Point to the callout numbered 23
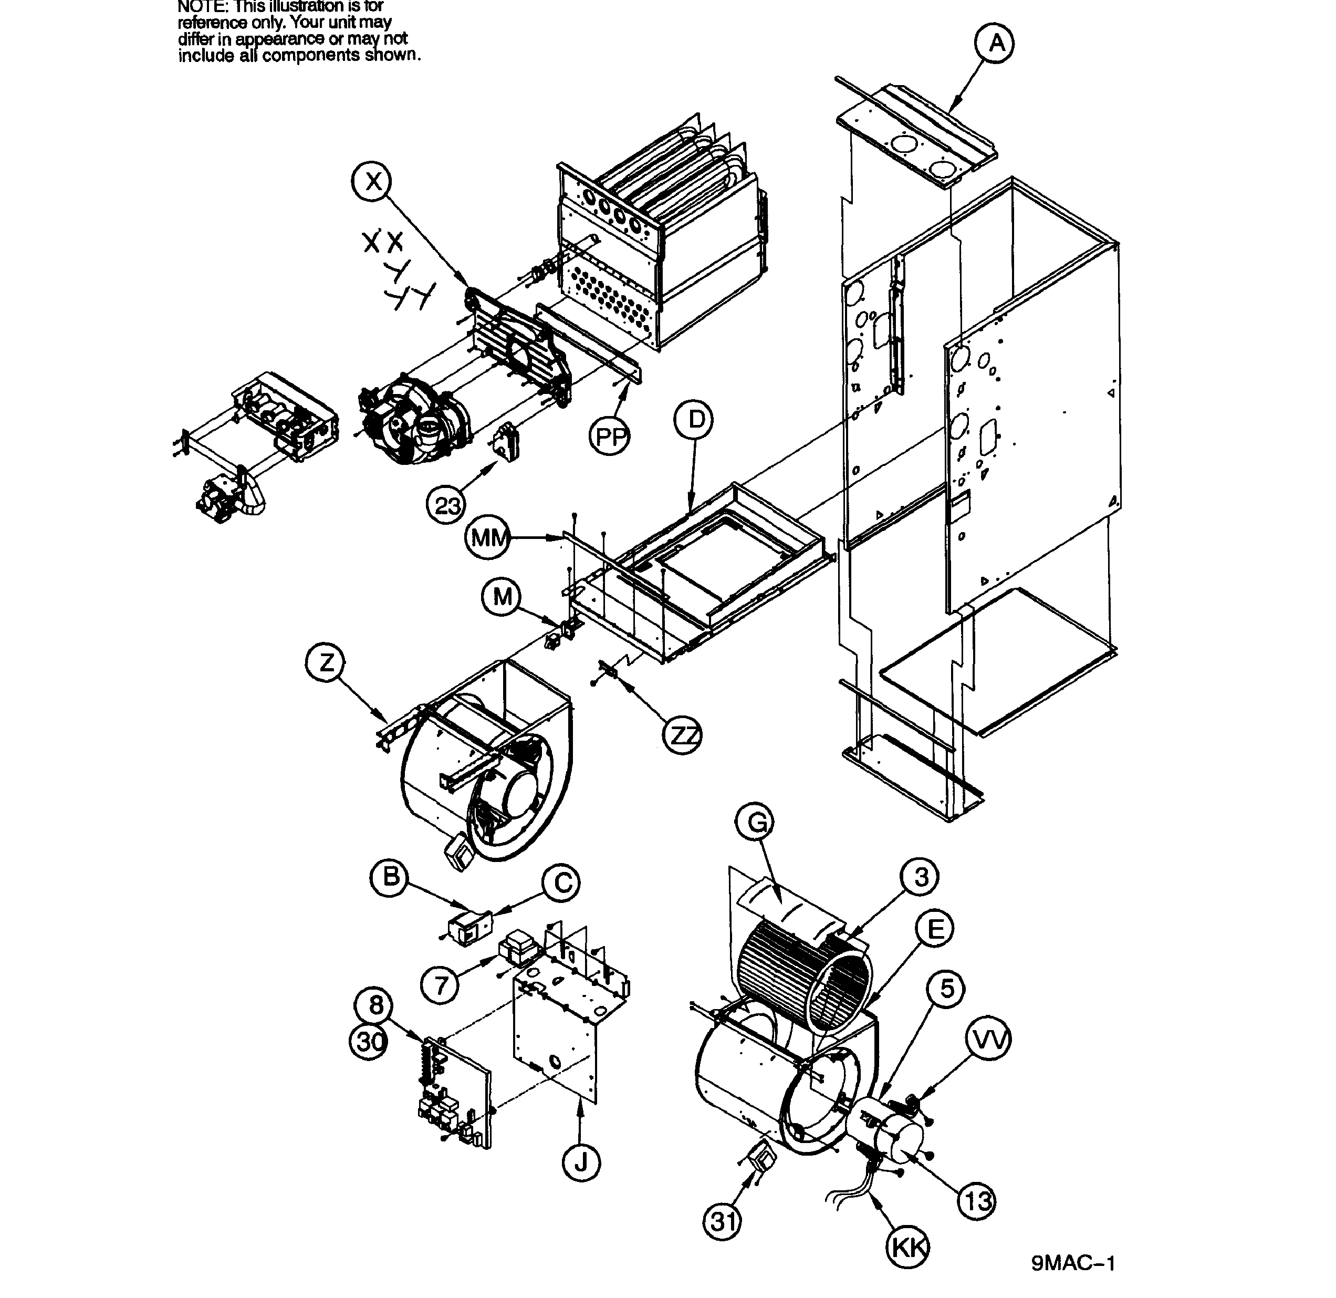[446, 506]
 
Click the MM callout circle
[488, 538]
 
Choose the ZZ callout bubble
[682, 735]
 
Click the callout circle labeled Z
[325, 662]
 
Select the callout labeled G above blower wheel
[755, 823]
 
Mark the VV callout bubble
[988, 1040]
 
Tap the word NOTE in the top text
[201, 7]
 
